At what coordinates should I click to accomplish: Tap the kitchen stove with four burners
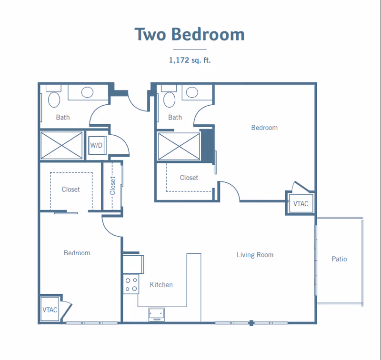click(x=131, y=284)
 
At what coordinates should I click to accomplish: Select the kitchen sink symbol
click(x=157, y=315)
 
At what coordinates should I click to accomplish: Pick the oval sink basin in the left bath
click(x=87, y=92)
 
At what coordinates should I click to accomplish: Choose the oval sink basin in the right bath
click(x=192, y=92)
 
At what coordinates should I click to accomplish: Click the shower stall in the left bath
click(x=61, y=146)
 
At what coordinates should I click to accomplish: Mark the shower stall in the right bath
click(x=179, y=147)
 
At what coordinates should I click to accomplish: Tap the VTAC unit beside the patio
click(x=301, y=203)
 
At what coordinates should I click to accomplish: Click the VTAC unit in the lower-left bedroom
click(x=50, y=310)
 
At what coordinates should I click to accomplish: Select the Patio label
click(x=339, y=259)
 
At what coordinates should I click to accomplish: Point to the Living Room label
click(x=255, y=255)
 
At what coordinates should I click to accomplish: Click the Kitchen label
click(x=161, y=285)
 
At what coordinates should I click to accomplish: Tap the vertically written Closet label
click(x=112, y=186)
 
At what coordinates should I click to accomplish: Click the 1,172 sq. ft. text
click(x=190, y=60)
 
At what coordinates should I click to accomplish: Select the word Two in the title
click(x=150, y=34)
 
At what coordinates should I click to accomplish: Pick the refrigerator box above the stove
click(x=133, y=264)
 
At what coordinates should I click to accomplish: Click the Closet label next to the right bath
click(x=189, y=178)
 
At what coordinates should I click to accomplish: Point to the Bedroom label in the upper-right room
click(x=264, y=128)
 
